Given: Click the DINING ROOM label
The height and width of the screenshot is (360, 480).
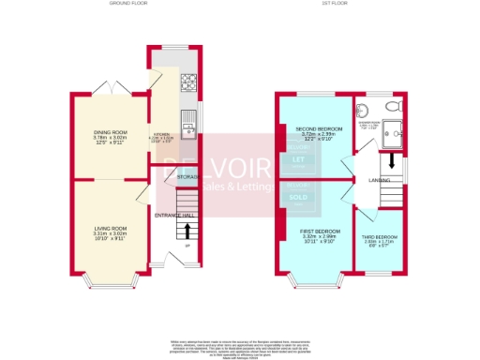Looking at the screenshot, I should (x=109, y=132).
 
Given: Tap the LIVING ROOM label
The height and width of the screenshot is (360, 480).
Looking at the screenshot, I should (x=110, y=229).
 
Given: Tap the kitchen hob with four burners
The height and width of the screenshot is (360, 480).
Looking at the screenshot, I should (x=187, y=81).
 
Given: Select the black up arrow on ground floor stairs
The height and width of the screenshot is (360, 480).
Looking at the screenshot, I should (x=188, y=229).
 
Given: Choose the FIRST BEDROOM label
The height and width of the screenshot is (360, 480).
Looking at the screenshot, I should (x=320, y=230).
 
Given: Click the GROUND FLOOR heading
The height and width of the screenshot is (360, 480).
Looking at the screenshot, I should (x=131, y=4).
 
